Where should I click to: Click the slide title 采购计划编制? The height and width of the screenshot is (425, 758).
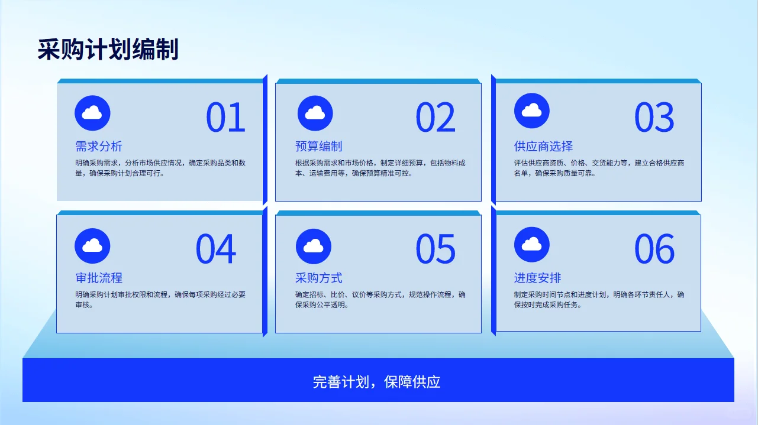108,50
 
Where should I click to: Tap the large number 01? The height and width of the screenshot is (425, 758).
225,117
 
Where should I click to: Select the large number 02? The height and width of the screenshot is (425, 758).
436,117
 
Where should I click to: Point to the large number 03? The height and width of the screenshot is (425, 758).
654,117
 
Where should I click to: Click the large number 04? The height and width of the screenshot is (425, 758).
216,249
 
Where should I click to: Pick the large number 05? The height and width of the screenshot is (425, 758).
436,249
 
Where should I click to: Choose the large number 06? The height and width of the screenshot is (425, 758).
654,249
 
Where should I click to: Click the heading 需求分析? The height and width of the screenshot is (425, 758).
99,146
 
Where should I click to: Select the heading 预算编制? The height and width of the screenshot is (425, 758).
318,146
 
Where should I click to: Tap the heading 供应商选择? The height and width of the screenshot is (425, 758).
543,146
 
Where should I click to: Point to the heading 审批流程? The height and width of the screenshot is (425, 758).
99,278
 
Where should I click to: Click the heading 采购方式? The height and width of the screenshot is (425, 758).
318,278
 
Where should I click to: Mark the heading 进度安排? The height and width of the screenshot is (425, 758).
537,278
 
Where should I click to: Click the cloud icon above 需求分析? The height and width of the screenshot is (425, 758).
92,113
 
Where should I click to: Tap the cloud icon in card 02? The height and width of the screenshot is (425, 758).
315,113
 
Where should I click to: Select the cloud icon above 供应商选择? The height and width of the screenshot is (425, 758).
532,111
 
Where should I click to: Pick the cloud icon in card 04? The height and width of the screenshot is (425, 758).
92,245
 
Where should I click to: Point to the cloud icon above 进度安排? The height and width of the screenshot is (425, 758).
532,244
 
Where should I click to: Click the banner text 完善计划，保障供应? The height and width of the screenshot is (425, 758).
377,382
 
